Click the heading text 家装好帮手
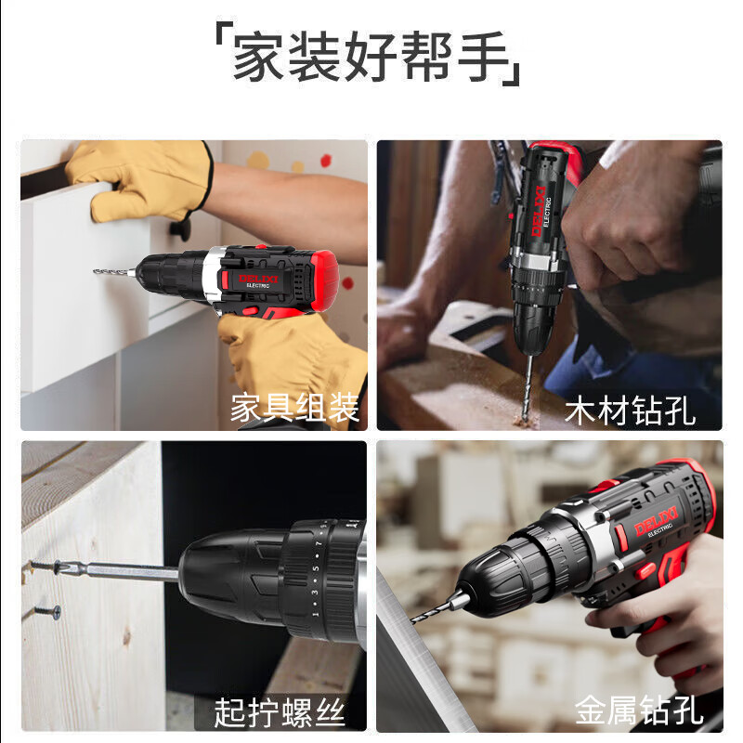pyautogui.click(x=371, y=56)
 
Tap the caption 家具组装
pyautogui.click(x=294, y=408)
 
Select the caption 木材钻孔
pyautogui.click(x=631, y=411)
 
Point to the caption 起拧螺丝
pyautogui.click(x=280, y=712)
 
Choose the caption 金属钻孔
pyautogui.click(x=639, y=710)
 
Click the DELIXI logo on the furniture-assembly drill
pyautogui.click(x=258, y=280)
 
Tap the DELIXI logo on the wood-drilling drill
pyautogui.click(x=538, y=211)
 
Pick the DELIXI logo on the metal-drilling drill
pyautogui.click(x=656, y=520)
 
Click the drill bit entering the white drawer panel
pyautogui.click(x=114, y=271)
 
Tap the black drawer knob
pyautogui.click(x=180, y=228)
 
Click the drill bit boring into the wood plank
pyautogui.click(x=528, y=389)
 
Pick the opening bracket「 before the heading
pyautogui.click(x=219, y=33)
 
